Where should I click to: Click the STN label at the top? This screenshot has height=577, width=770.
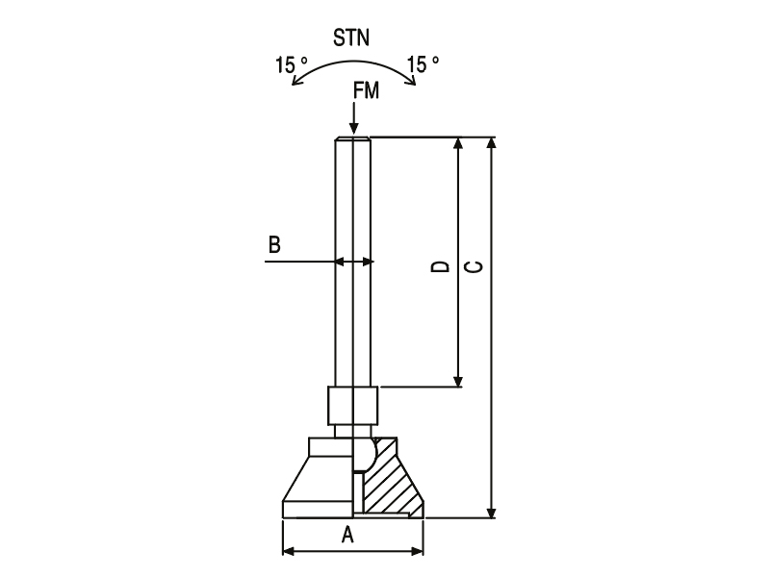click(x=351, y=38)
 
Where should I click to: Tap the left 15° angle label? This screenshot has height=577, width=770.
click(x=292, y=65)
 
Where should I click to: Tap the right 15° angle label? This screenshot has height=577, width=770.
click(x=423, y=64)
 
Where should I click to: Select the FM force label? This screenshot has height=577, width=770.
click(x=367, y=90)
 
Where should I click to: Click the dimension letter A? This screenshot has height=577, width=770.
click(x=347, y=535)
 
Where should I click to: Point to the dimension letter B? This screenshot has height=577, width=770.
click(x=274, y=244)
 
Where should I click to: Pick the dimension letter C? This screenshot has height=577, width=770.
click(x=474, y=266)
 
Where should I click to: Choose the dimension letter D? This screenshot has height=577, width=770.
click(x=441, y=266)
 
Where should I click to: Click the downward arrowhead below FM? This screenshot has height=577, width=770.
click(x=353, y=129)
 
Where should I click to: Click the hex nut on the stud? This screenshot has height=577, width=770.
click(x=353, y=406)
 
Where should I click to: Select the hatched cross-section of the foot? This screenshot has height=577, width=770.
click(x=391, y=478)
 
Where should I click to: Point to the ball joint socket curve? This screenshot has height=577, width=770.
click(x=373, y=454)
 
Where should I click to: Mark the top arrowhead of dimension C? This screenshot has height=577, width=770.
click(x=491, y=142)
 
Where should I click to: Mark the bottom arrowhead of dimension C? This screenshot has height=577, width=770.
click(x=491, y=513)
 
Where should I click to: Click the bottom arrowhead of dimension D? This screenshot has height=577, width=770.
click(x=458, y=381)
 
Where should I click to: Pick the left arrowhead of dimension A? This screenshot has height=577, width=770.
click(x=289, y=551)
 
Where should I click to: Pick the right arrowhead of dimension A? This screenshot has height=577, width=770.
click(x=418, y=551)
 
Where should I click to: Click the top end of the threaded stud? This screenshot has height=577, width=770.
click(x=353, y=138)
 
